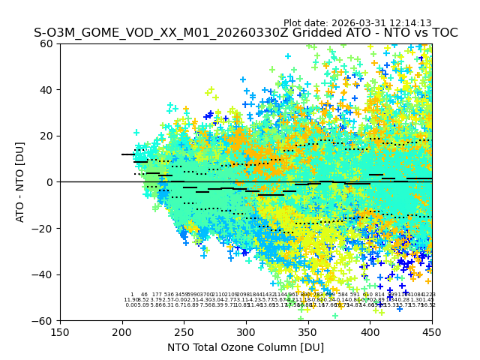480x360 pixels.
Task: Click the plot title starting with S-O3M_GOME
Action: point(245,33)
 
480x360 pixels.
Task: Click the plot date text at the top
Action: point(357,23)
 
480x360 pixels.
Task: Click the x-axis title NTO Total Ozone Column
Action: point(245,347)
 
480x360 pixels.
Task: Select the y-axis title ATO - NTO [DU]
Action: point(20,181)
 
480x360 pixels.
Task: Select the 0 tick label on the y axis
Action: point(52,182)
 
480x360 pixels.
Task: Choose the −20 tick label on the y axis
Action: point(45,228)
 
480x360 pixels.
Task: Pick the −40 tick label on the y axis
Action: point(45,274)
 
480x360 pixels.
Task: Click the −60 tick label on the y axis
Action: point(45,320)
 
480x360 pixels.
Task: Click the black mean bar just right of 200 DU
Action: point(128,154)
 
